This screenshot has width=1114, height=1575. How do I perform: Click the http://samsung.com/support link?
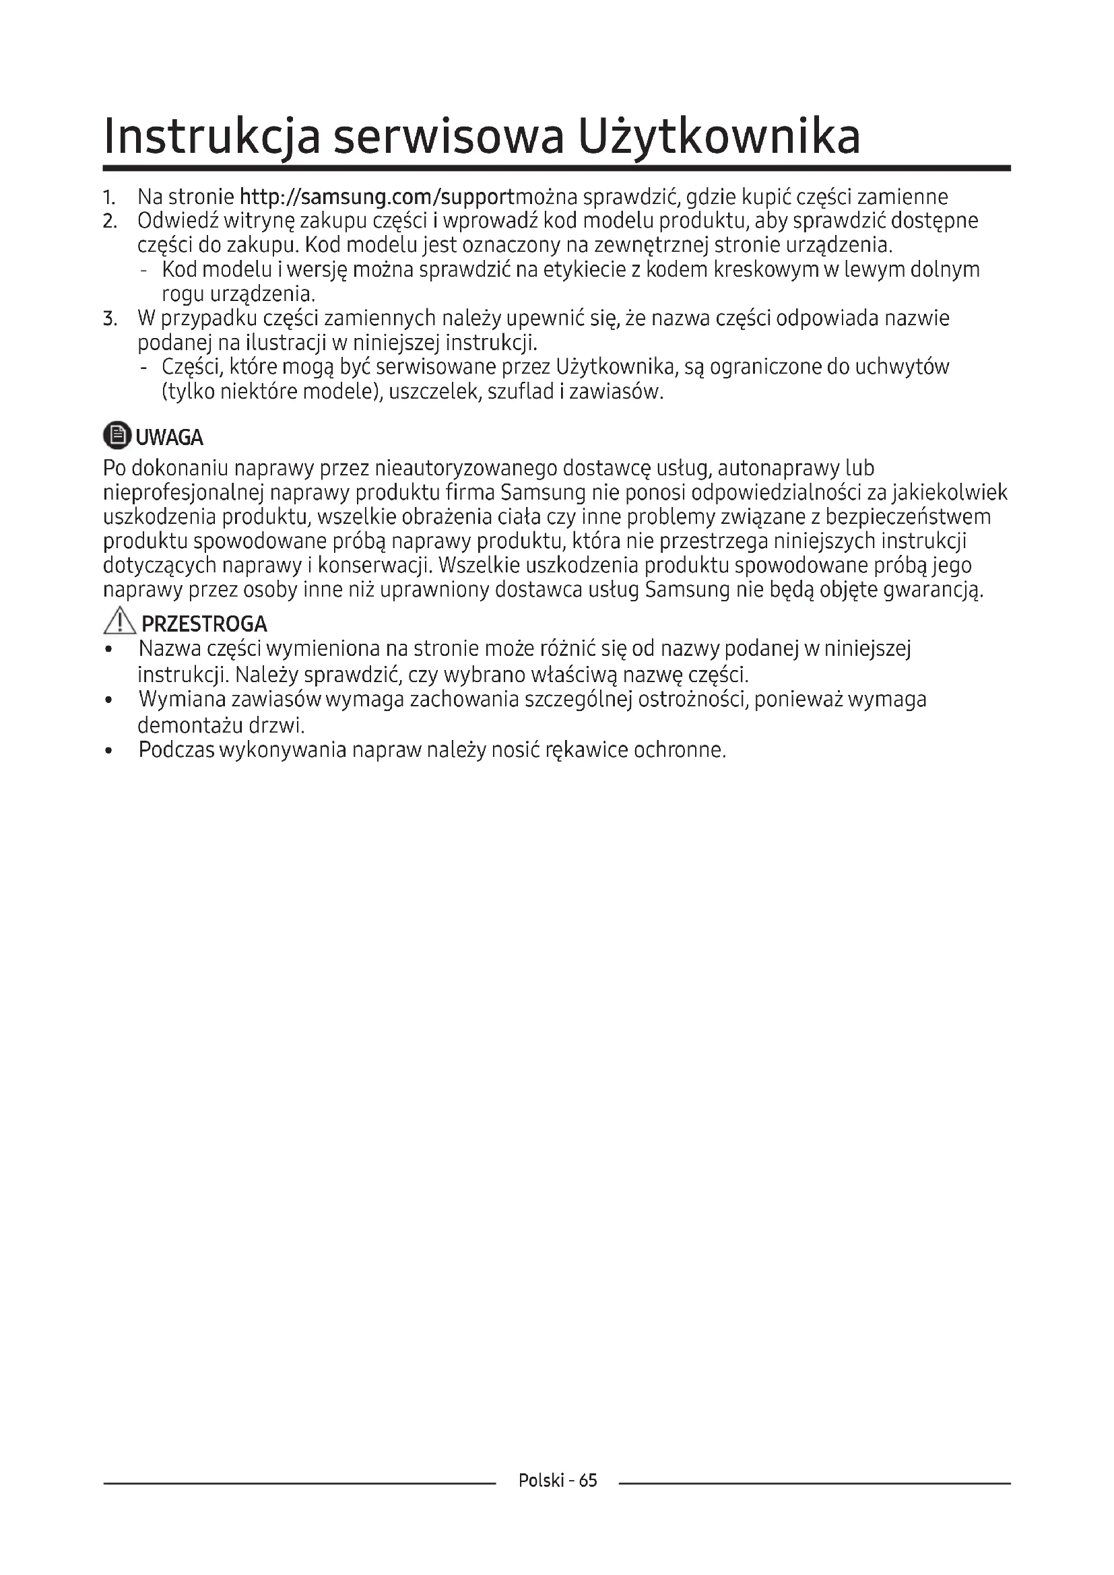[x=375, y=197]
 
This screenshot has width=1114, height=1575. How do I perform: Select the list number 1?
[x=108, y=198]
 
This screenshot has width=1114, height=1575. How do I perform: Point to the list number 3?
[x=109, y=319]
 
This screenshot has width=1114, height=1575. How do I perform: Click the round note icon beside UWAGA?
[x=116, y=436]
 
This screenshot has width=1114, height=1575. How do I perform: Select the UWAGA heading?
[x=170, y=438]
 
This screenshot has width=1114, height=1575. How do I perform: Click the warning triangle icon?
[x=119, y=622]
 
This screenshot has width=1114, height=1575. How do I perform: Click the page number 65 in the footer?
[x=588, y=1499]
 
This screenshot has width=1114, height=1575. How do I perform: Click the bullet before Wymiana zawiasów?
[x=108, y=700]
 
